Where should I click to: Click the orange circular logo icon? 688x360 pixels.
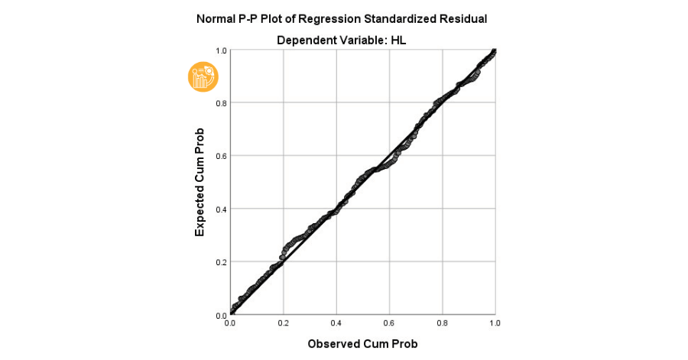tap(203, 76)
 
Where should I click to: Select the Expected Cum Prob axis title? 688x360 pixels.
tap(200, 182)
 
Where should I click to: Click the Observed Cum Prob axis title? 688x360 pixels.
tap(362, 344)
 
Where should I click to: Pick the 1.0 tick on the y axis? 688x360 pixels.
tap(221, 50)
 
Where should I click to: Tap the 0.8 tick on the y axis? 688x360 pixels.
tap(221, 103)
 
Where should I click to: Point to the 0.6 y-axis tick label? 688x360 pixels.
tap(221, 156)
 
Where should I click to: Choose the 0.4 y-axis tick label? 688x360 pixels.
tap(221, 209)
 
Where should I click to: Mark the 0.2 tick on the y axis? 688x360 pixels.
tap(221, 262)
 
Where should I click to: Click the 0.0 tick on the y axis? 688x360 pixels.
tap(221, 315)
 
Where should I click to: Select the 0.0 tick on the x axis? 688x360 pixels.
tap(231, 324)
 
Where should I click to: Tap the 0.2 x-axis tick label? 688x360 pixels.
tap(284, 324)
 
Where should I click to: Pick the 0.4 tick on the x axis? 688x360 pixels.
tap(336, 324)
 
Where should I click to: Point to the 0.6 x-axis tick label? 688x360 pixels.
tap(389, 324)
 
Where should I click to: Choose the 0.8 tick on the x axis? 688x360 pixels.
tap(442, 324)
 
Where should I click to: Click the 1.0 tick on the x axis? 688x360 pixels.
tap(495, 324)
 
